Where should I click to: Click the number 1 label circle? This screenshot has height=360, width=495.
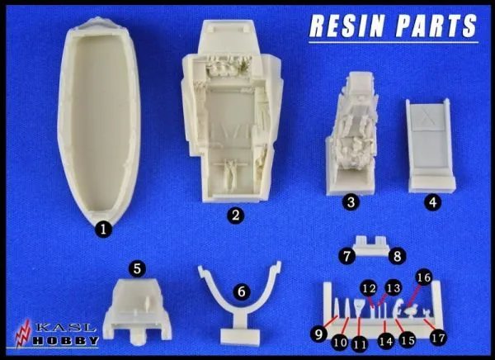(x=104, y=229)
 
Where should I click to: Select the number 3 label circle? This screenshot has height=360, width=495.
(x=351, y=202)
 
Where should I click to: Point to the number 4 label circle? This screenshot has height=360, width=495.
(x=433, y=202)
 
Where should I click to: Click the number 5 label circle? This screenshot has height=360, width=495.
(x=137, y=269)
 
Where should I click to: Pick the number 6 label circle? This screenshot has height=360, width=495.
(x=242, y=291)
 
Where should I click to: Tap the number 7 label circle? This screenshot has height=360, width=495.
(x=347, y=256)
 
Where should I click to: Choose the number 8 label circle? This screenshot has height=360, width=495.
(x=397, y=256)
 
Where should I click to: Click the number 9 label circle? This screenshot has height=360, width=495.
(x=318, y=334)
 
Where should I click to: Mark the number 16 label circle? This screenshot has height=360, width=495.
(x=424, y=277)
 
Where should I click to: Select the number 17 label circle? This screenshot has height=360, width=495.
(x=438, y=338)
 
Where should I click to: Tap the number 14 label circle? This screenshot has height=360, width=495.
(x=386, y=341)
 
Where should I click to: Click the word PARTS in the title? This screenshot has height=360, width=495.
(x=436, y=26)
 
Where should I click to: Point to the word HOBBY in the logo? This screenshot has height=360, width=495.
(x=66, y=340)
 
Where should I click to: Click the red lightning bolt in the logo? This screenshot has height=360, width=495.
(x=23, y=334)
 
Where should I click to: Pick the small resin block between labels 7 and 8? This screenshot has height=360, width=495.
(x=372, y=245)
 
